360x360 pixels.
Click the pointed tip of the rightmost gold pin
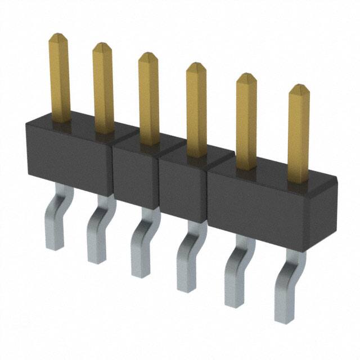(299, 88)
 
